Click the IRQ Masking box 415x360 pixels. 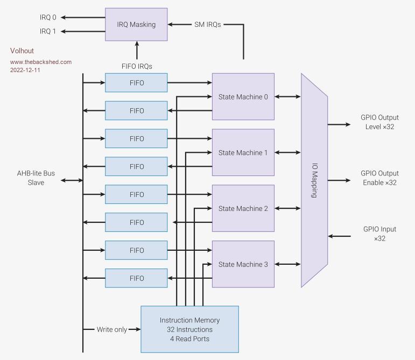coord(136,24)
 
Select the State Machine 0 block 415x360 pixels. coord(243,97)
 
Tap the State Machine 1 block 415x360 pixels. coord(243,153)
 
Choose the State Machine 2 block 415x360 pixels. coord(243,209)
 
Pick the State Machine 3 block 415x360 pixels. coord(243,265)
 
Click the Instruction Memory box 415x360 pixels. coord(189,329)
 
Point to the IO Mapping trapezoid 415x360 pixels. coord(314,181)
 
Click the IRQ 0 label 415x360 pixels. coord(48,17)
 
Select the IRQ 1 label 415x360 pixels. coord(48,31)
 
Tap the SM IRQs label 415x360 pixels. coord(207,24)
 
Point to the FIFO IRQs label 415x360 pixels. coord(137,66)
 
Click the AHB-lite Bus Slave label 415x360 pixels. coord(36,178)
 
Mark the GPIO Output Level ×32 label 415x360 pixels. coord(379,122)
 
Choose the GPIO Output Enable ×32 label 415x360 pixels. coord(379,178)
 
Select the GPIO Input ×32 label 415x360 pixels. coord(379,234)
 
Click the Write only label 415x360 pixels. coord(112,329)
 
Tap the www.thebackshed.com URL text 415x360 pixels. coord(41,62)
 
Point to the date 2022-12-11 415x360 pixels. coord(25,70)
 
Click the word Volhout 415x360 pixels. coord(22,51)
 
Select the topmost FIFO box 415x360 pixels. coord(136,83)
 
